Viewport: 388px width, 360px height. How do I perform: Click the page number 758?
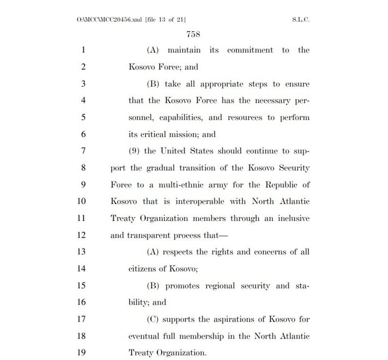(193, 34)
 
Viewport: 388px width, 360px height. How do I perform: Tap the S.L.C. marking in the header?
(301, 19)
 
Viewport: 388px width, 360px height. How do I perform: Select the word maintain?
(184, 50)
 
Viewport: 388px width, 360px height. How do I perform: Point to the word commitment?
(250, 50)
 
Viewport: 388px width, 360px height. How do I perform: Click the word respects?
(178, 252)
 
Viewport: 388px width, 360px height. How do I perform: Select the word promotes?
(183, 286)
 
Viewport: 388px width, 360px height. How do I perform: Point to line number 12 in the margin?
(81, 235)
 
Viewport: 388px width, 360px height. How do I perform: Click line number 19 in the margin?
(81, 352)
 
